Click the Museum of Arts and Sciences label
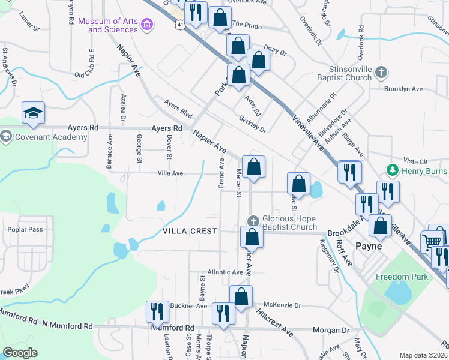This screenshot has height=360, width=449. (108, 25)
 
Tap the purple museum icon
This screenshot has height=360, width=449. (147, 25)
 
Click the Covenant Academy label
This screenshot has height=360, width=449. (52, 137)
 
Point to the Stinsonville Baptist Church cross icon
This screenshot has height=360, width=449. (381, 73)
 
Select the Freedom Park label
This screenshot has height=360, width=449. (402, 277)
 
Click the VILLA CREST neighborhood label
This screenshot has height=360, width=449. (190, 231)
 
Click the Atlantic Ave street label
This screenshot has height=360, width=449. (225, 272)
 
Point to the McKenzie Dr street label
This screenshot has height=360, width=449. (282, 305)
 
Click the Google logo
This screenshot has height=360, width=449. (20, 353)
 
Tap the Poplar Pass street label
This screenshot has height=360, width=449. (23, 230)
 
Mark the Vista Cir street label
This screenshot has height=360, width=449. (415, 161)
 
